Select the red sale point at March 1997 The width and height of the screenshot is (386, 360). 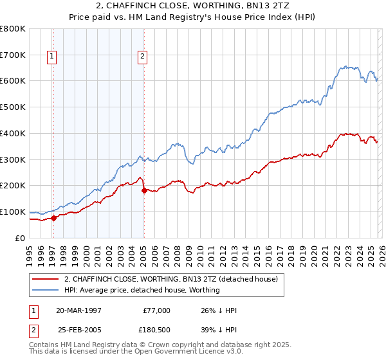[x=54, y=218]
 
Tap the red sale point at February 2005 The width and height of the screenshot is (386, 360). [x=143, y=190]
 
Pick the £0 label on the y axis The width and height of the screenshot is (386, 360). [x=20, y=238]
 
